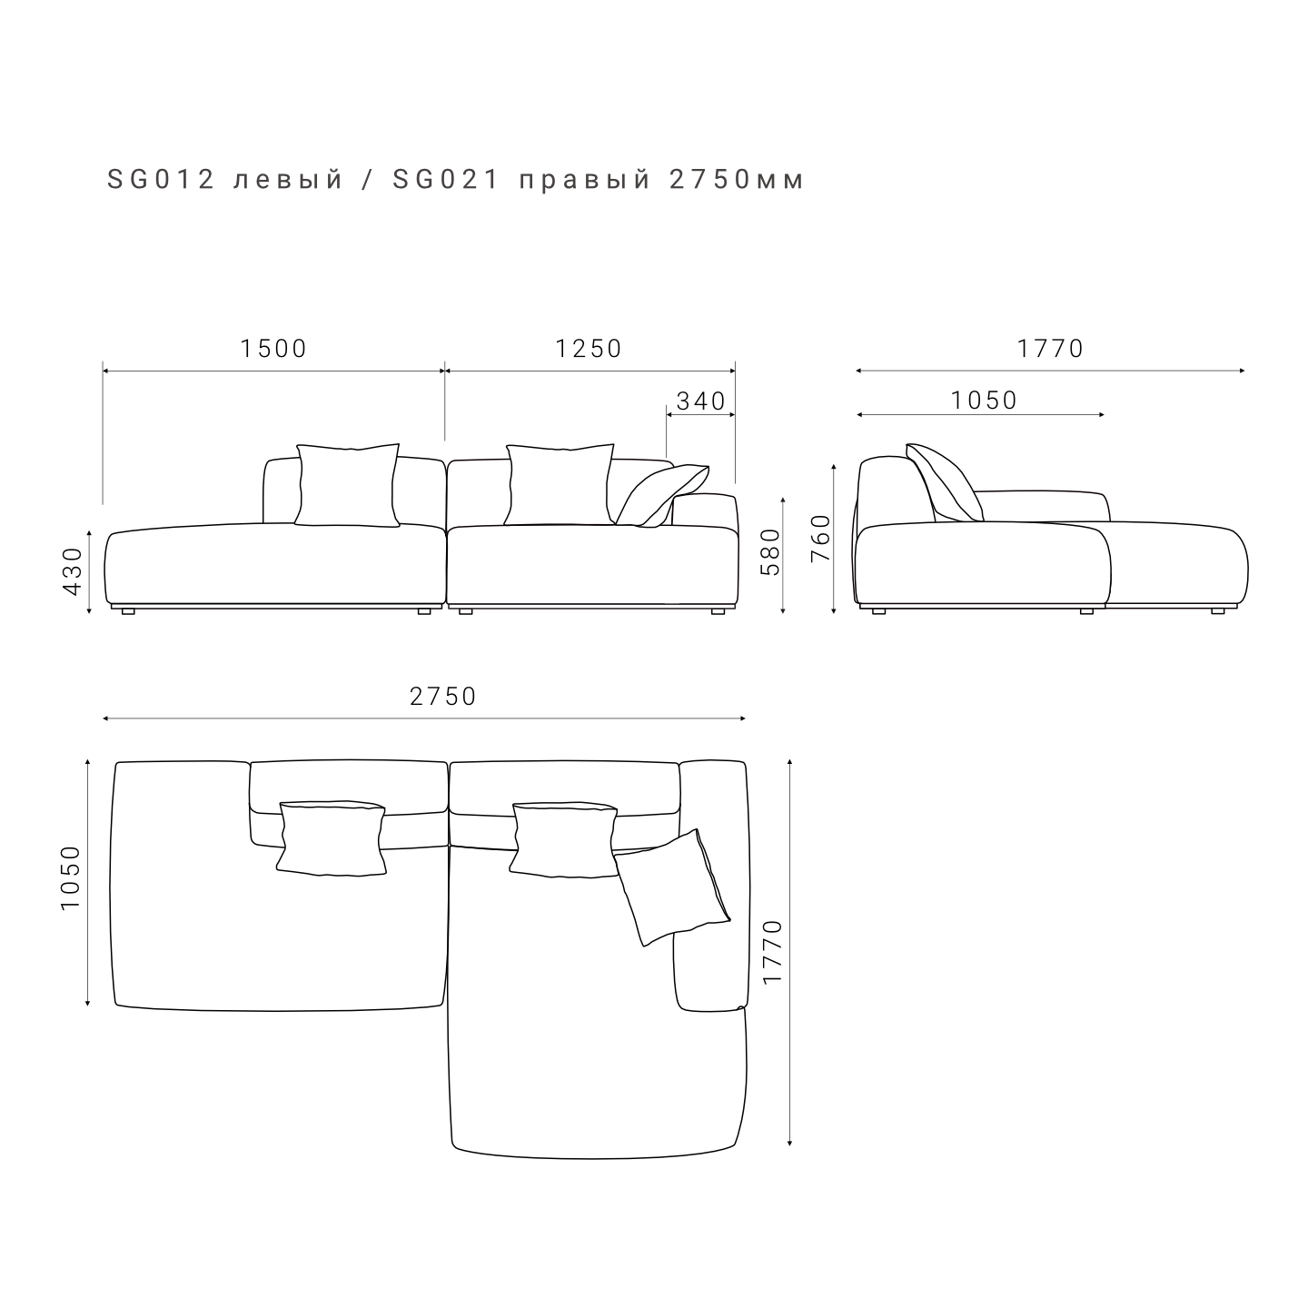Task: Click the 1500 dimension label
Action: pyautogui.click(x=273, y=349)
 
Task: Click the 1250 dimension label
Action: pyautogui.click(x=589, y=349)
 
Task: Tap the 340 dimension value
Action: pyautogui.click(x=701, y=401)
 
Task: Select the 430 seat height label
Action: pyautogui.click(x=73, y=571)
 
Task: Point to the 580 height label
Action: pyautogui.click(x=769, y=552)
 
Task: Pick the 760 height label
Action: pyautogui.click(x=820, y=539)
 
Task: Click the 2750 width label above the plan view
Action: pyautogui.click(x=443, y=697)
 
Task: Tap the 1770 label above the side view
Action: pyautogui.click(x=1050, y=349)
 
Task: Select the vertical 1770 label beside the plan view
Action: pyautogui.click(x=772, y=952)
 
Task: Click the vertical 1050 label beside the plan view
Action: pyautogui.click(x=71, y=878)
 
